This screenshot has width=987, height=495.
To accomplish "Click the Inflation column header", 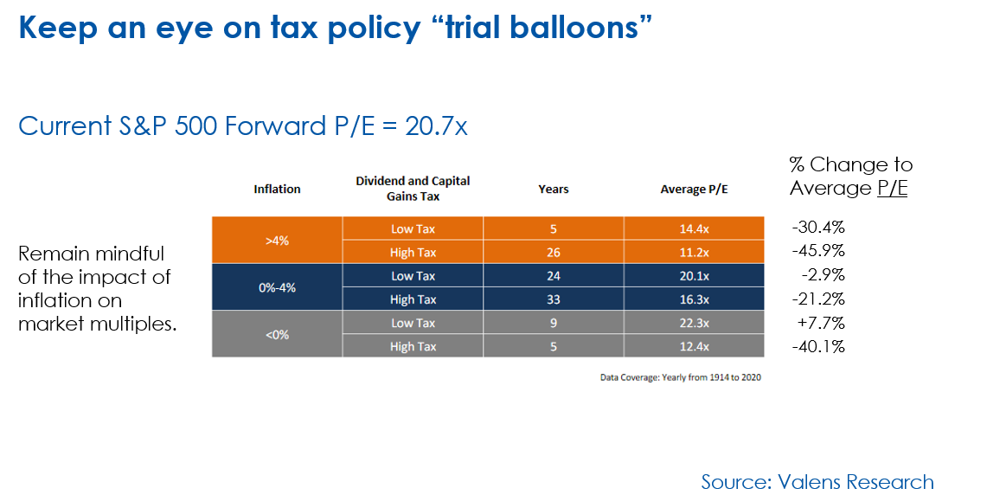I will (277, 189).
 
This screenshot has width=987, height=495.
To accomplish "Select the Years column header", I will (554, 189).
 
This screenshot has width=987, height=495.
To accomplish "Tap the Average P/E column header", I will (694, 189).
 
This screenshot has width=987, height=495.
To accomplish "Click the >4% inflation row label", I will (277, 241).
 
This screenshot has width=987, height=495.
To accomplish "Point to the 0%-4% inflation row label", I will (277, 287).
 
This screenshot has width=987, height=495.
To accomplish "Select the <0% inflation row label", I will (277, 334).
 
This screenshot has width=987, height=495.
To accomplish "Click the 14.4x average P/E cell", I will (694, 229).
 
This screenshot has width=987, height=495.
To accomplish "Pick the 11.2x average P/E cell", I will (694, 253).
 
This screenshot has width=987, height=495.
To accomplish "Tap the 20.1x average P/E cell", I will (694, 276).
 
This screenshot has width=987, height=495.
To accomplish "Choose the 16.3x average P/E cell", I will (694, 299).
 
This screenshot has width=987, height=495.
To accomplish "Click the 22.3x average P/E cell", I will (694, 323).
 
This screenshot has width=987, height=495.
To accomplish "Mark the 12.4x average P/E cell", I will (694, 346).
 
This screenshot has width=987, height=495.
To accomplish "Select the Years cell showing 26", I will (554, 253).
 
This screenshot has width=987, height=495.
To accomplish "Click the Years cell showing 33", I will (554, 299).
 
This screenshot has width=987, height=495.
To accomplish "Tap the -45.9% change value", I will (818, 251).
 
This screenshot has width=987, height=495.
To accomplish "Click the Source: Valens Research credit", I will (817, 482).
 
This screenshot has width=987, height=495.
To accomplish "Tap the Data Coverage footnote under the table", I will (681, 377).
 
